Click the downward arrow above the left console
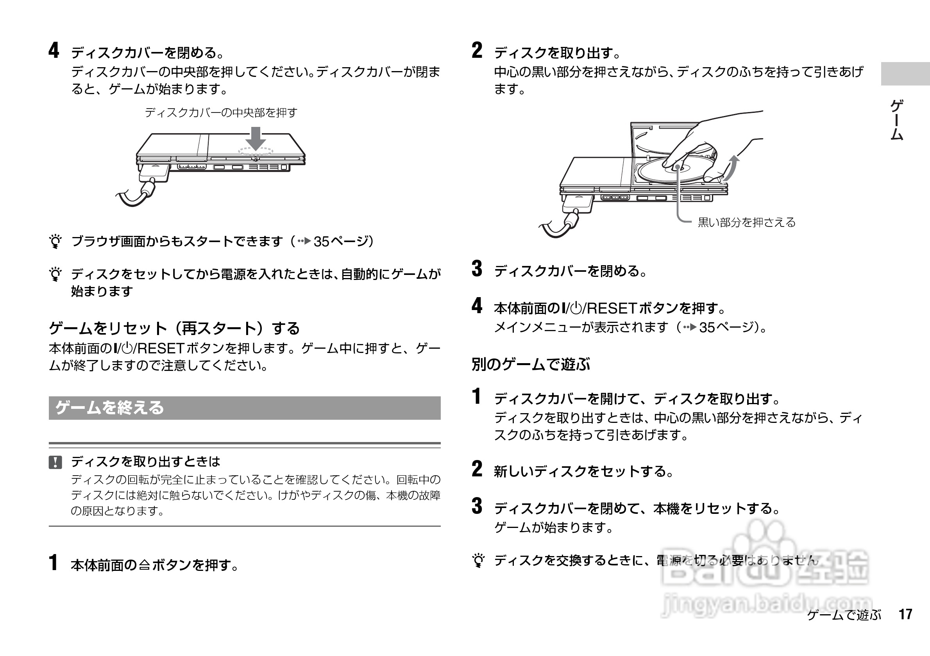(x=256, y=138)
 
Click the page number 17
(x=905, y=614)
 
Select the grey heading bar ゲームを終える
(x=244, y=408)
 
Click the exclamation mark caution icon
(x=55, y=462)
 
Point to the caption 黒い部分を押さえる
(x=746, y=222)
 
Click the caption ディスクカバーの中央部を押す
(x=221, y=112)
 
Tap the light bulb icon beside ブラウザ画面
(x=55, y=241)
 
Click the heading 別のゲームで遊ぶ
(x=530, y=364)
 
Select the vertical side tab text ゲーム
(x=896, y=120)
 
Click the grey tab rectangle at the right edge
(x=905, y=74)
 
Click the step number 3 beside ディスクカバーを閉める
(x=477, y=269)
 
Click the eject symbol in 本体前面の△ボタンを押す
(x=145, y=565)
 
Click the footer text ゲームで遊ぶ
(x=844, y=615)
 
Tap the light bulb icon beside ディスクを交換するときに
(x=478, y=560)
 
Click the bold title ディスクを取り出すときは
(x=145, y=461)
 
